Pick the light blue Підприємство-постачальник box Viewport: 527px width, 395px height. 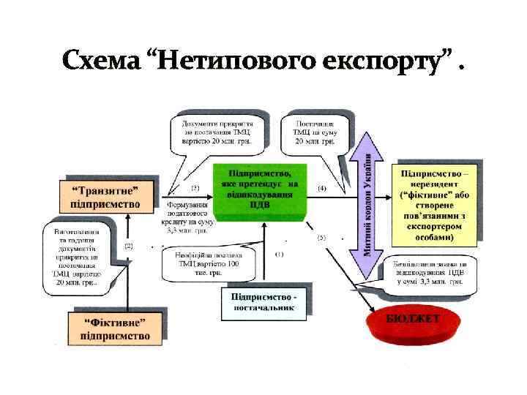pos(263,303)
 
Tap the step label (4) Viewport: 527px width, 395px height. pos(321,188)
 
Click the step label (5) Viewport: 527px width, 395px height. pos(321,238)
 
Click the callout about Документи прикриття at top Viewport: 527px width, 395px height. pos(217,131)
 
